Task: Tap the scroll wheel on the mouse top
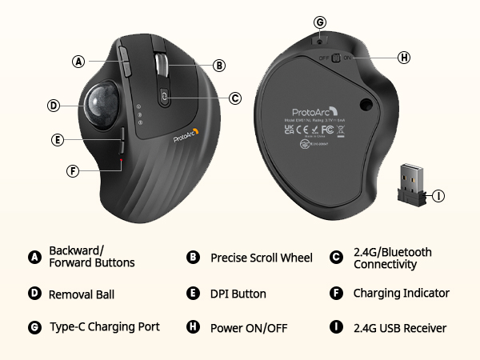[x=160, y=63]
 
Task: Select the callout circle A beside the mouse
[x=78, y=61]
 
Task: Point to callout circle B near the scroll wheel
[x=219, y=66]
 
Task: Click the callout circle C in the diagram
[x=235, y=98]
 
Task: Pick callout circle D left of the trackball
[x=54, y=105]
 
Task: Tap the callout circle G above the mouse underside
[x=320, y=22]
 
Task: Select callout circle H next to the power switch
[x=404, y=58]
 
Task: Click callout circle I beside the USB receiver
[x=439, y=194]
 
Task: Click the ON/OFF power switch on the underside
[x=336, y=58]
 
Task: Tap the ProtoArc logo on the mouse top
[x=186, y=136]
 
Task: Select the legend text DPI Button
[x=238, y=294]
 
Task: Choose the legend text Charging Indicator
[x=401, y=294]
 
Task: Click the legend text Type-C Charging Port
[x=105, y=327]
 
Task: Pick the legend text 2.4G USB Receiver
[x=400, y=328]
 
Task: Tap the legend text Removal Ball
[x=82, y=294]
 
